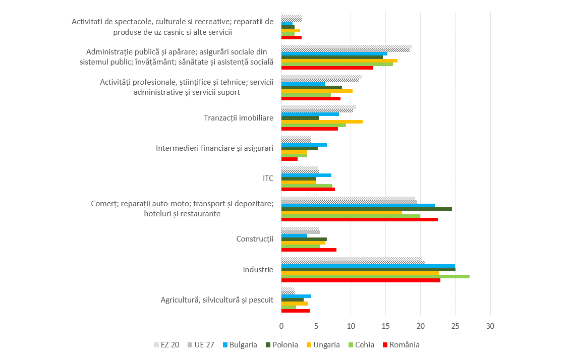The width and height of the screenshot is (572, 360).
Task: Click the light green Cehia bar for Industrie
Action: click(375, 276)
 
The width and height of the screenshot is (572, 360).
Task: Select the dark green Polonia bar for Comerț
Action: click(366, 209)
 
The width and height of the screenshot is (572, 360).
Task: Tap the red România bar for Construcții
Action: click(309, 250)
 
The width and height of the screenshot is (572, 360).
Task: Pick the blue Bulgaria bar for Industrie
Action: click(368, 266)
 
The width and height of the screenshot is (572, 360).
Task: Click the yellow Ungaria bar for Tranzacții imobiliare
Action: click(322, 122)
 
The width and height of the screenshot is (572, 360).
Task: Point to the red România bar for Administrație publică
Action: click(327, 68)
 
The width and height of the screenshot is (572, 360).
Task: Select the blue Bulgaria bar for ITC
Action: click(306, 175)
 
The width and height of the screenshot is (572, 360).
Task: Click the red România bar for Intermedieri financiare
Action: click(289, 159)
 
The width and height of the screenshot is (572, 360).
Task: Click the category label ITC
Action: click(268, 178)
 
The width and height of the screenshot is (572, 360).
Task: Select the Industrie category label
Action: click(258, 270)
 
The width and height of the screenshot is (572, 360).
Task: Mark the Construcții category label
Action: click(255, 239)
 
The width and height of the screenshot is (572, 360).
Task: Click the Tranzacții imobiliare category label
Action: click(239, 118)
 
